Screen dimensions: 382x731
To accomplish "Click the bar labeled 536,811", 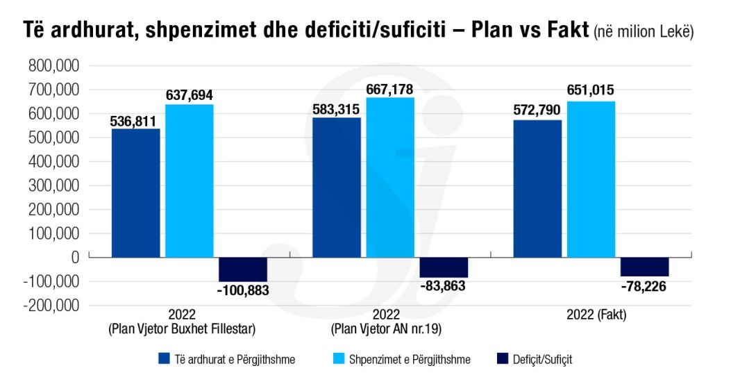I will tap(135, 193).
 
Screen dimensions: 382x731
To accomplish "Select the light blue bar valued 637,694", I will tap(189, 181).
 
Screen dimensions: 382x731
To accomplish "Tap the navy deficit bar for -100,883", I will tap(242, 269).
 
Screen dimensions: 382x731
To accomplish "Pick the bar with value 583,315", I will tap(337, 188).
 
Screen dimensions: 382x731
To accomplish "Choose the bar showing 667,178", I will tap(389, 177).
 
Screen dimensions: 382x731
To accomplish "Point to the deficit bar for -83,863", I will tap(443, 267).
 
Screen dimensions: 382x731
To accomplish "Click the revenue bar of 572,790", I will tap(537, 189).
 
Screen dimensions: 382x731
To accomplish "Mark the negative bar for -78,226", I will tap(644, 267).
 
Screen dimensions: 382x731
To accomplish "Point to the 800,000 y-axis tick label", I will tap(54, 66).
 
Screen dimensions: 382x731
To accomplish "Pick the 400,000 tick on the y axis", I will tap(54, 162).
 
